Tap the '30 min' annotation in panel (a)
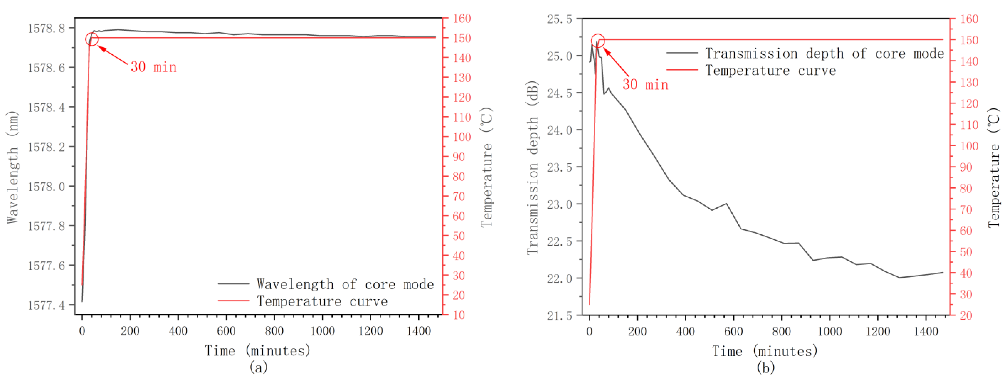click(x=153, y=67)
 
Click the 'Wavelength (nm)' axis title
click(x=13, y=167)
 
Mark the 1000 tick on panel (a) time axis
click(x=322, y=331)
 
